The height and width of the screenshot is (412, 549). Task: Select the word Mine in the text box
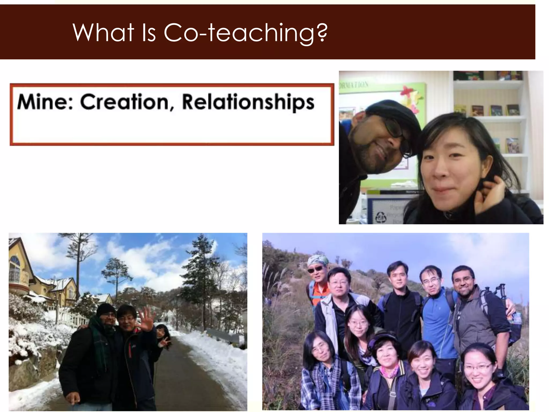point(44,102)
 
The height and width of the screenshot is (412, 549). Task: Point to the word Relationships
point(248,103)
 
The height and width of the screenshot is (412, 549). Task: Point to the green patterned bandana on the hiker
point(318,260)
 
